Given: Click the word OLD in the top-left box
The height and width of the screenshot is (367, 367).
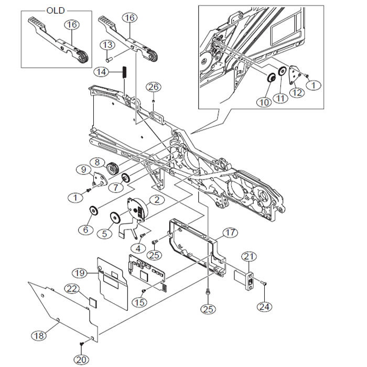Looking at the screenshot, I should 56,10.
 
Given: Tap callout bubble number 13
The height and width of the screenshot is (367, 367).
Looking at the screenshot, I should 107,45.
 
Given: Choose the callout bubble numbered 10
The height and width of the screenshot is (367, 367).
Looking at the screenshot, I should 264,102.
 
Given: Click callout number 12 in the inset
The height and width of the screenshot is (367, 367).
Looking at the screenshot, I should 297,92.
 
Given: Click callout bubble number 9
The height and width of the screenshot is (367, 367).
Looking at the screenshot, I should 83,169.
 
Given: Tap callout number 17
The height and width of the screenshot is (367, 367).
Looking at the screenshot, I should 229,232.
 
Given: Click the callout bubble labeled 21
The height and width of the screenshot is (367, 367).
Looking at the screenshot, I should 249,256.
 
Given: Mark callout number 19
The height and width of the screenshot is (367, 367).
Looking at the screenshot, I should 79,273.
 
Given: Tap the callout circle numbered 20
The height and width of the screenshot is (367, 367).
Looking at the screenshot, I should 81,359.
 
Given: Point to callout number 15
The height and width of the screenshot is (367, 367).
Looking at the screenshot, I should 139,302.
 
